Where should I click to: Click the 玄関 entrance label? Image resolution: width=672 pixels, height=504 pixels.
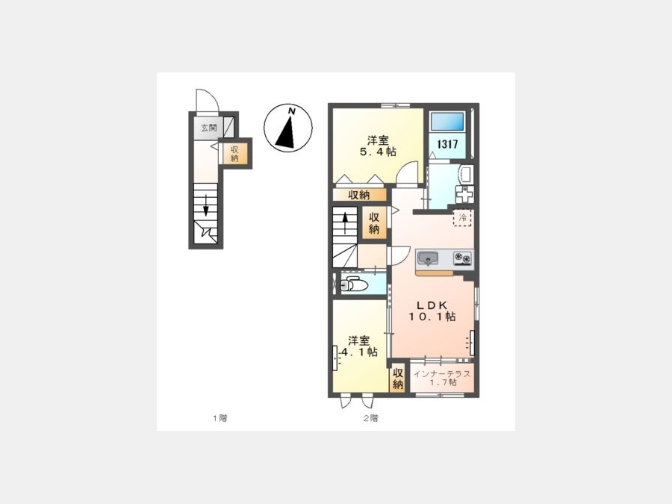[209, 128]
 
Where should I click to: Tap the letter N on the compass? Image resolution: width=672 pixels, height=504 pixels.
[292, 111]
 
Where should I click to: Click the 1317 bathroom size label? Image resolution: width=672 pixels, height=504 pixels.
[447, 144]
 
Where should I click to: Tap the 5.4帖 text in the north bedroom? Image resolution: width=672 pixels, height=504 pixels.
[378, 152]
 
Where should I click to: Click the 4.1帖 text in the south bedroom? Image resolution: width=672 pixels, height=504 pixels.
[358, 352]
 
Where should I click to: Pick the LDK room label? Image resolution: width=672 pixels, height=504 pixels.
[432, 305]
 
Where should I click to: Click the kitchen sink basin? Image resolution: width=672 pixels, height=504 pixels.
[427, 258]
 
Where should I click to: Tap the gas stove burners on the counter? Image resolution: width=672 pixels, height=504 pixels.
[462, 258]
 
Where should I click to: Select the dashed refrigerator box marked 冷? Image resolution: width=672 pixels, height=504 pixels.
[463, 217]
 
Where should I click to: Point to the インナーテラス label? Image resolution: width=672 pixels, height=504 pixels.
[442, 374]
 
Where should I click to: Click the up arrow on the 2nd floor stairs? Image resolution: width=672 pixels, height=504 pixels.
[345, 222]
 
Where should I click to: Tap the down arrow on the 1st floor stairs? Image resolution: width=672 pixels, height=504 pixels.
[206, 206]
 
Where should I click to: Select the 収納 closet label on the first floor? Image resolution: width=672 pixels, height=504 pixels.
[234, 154]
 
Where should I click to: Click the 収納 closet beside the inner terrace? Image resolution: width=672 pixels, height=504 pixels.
[398, 379]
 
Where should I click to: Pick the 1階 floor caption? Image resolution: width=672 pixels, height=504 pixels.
[220, 418]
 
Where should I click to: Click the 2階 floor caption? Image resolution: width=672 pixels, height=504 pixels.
[370, 418]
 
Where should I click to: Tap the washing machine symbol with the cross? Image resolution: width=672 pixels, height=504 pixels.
[464, 194]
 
